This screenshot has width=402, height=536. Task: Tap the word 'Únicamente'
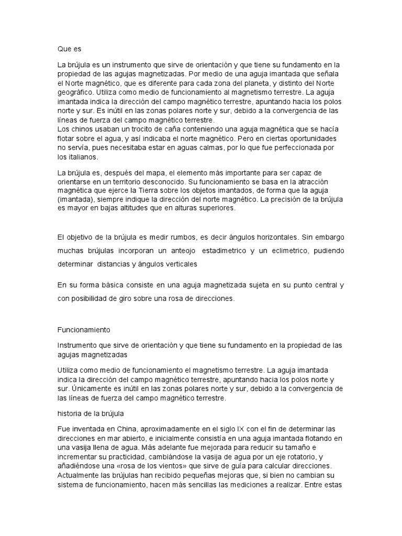pos(93,389)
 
